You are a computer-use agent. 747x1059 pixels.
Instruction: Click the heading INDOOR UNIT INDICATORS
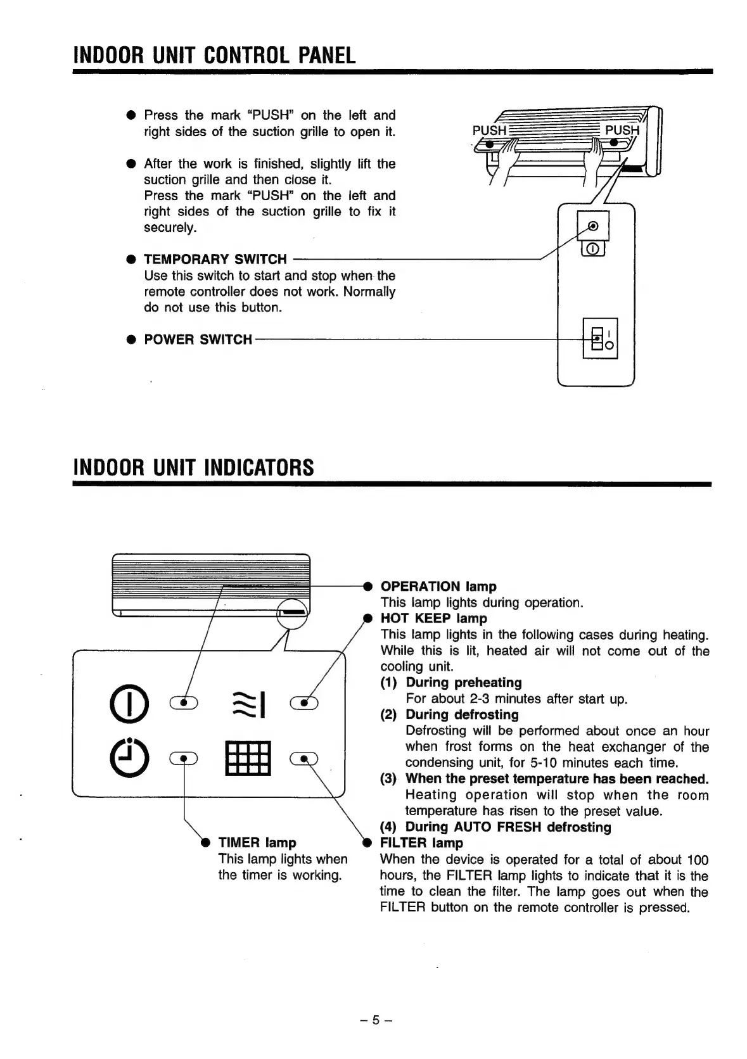194,468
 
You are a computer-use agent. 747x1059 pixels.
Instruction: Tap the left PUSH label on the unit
489,130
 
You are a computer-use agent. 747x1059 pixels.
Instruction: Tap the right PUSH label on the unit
622,130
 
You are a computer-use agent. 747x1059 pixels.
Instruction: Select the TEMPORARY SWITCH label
215,259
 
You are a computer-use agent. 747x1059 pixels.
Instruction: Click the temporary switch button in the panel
593,226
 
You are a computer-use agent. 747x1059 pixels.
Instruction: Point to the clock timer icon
129,758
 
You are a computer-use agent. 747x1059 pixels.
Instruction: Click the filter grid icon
248,758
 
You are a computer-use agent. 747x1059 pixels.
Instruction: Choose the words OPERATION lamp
438,587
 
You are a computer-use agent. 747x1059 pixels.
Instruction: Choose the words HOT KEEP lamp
433,618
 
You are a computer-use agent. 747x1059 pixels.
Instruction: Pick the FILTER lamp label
421,843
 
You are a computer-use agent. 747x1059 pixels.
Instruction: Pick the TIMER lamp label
257,842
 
